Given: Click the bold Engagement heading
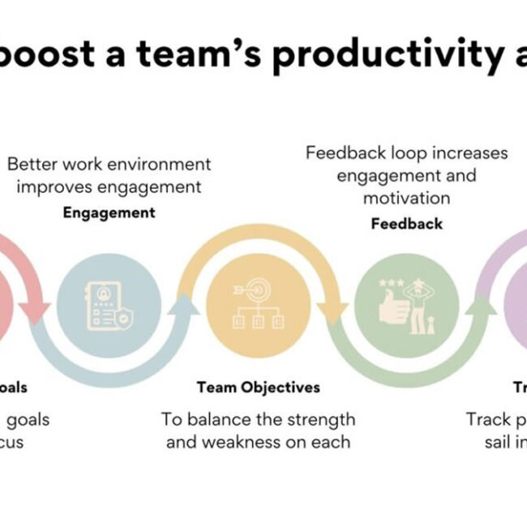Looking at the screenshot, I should tap(109, 213).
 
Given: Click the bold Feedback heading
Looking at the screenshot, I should tap(407, 223).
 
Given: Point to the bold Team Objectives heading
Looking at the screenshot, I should tap(258, 388).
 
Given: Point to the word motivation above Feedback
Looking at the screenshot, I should tap(406, 198).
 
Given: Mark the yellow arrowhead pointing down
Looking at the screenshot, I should tap(333, 311).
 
